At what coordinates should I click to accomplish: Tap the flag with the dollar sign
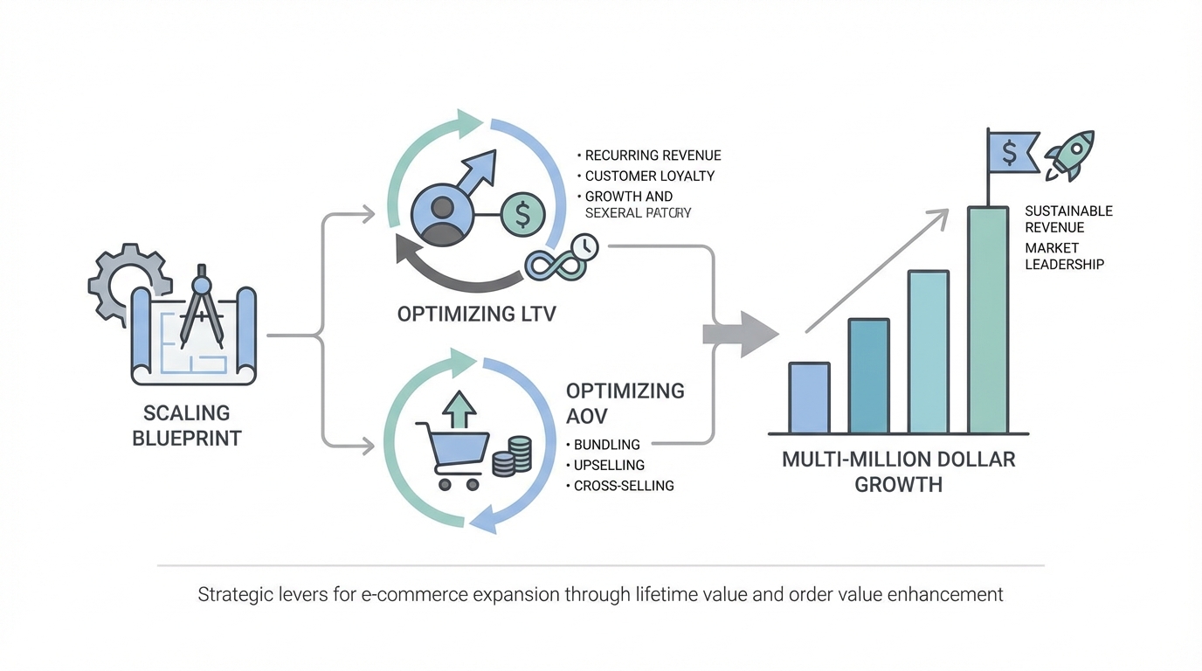coord(1012,153)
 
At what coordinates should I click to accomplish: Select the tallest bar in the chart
coord(988,319)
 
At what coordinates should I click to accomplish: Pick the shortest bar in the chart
coord(809,398)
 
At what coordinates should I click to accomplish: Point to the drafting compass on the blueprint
coord(200,306)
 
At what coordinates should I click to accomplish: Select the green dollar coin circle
coord(522,213)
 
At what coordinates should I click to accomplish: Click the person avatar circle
coord(442,213)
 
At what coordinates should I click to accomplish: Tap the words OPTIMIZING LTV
coord(476,314)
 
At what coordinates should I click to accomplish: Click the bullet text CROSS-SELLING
coord(624,486)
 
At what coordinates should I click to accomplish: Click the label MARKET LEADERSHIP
coord(1064,256)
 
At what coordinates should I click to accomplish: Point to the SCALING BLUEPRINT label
coord(186,425)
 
